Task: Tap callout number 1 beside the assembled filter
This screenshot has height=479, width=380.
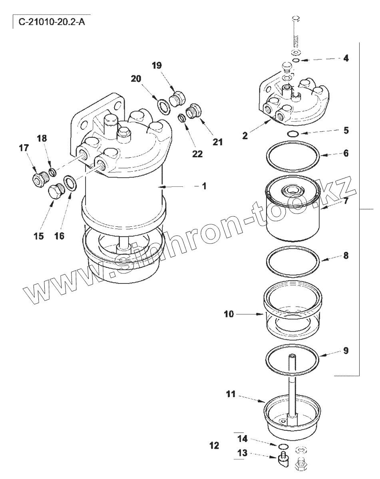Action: [204, 186]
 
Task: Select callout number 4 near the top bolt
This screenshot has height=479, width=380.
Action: [346, 58]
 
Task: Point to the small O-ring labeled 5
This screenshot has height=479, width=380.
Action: [293, 134]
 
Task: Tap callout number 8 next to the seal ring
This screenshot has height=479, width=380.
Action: [346, 255]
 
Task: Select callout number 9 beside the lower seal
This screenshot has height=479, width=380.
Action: [346, 351]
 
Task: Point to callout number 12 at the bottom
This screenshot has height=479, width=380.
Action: [215, 445]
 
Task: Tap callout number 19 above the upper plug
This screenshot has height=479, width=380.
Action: [157, 65]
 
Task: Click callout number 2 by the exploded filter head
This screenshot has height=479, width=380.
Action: [245, 136]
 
